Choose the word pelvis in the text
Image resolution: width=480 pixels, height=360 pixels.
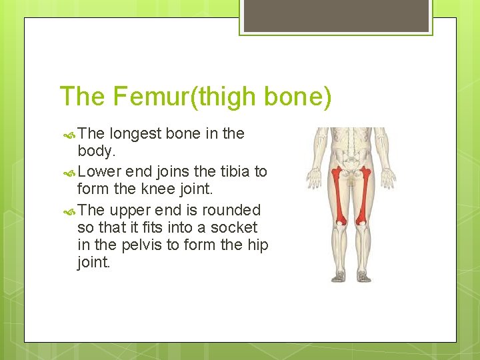click(x=139, y=245)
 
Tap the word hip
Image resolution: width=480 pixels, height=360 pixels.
click(x=257, y=245)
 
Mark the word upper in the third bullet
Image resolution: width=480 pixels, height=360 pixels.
click(x=129, y=210)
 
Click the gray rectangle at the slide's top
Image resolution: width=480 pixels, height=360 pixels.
click(x=335, y=15)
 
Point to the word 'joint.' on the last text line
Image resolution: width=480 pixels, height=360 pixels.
click(x=94, y=262)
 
